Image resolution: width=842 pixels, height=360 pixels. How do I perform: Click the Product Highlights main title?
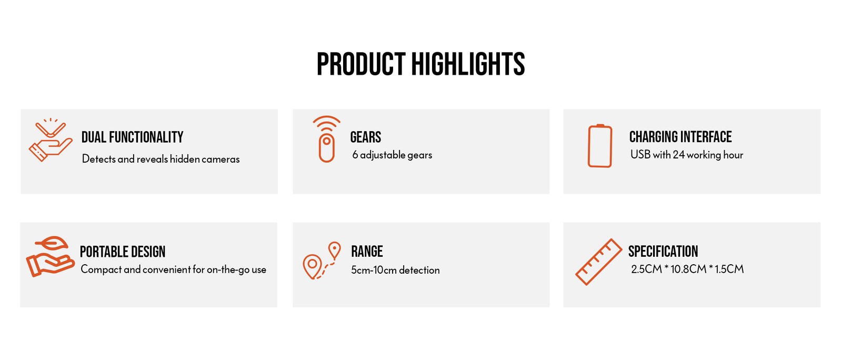(x=420, y=64)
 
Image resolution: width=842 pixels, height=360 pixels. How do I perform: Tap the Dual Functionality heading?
(x=132, y=137)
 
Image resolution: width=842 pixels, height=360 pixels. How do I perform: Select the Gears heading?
(x=365, y=137)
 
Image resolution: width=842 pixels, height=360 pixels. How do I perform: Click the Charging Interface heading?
(x=680, y=137)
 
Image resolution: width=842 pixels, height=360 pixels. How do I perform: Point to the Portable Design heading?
(x=123, y=252)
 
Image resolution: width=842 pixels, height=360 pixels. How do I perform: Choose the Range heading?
(x=367, y=252)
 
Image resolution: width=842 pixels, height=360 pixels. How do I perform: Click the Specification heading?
(x=663, y=252)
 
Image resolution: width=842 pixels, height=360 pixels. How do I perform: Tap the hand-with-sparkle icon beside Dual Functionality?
(x=51, y=140)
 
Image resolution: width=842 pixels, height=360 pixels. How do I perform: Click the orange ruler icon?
(x=598, y=262)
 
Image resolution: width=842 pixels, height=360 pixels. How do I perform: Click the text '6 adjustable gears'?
(x=392, y=155)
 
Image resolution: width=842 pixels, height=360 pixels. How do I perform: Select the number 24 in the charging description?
(x=678, y=155)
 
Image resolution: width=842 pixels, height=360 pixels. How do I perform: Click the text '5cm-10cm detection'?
(x=395, y=270)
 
